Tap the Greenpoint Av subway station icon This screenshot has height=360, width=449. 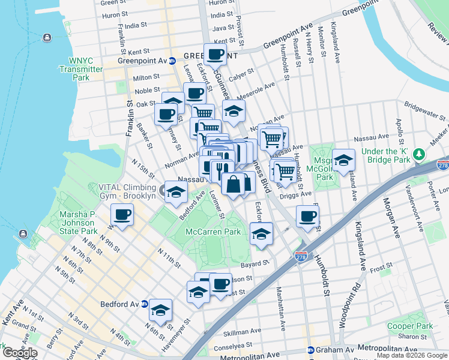pos(172,61)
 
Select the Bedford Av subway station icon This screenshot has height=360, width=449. pos(144,304)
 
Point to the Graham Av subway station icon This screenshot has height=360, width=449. pos(310,350)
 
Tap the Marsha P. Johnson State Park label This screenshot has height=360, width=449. pos(78,223)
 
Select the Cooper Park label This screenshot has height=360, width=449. pos(410,326)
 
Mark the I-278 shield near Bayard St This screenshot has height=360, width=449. pos(302,256)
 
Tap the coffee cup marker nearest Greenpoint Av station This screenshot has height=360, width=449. pos(215,55)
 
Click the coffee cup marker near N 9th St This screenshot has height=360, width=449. pos(122,215)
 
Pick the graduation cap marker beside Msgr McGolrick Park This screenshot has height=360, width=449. pos(343,160)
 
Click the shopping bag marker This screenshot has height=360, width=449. pos(234,184)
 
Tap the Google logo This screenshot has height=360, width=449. pos(19,353)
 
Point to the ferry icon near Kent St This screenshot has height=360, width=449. pos(47,37)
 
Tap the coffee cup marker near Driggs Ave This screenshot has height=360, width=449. pos(307,216)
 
